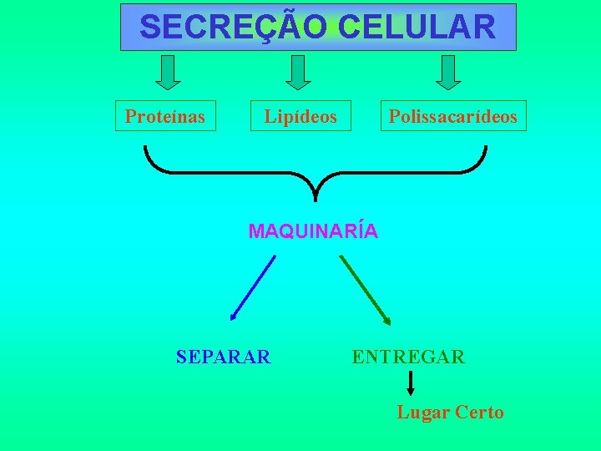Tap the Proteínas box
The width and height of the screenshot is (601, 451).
click(165, 116)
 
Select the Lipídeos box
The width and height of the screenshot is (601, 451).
click(300, 117)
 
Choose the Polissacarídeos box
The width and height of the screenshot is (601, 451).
click(453, 117)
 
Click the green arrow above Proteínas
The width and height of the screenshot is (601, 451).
click(169, 72)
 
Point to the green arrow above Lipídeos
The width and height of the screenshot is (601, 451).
click(298, 72)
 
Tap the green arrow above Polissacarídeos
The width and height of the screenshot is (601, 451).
click(448, 72)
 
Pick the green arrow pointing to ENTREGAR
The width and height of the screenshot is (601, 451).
click(365, 289)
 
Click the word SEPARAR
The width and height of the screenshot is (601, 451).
click(224, 357)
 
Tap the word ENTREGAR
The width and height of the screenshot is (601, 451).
click(408, 357)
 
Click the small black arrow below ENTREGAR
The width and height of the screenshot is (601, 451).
click(410, 383)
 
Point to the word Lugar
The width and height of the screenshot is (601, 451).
click(423, 412)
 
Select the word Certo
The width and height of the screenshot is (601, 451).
click(478, 412)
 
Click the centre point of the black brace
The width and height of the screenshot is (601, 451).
click(316, 194)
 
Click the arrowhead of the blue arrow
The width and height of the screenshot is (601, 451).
click(234, 317)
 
